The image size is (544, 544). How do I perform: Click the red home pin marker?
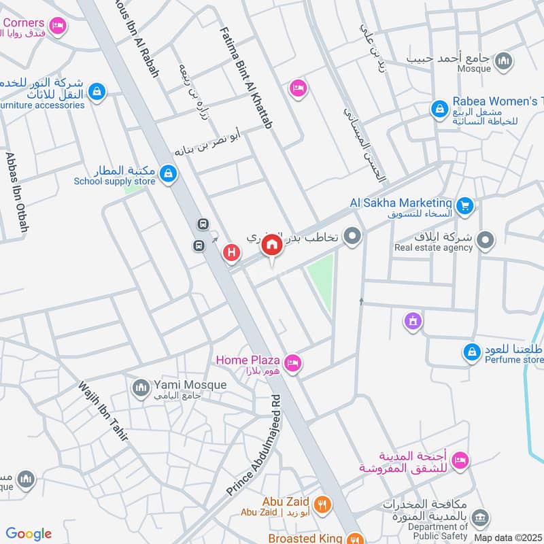[273, 245]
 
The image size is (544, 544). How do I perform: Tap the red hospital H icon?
[232, 253]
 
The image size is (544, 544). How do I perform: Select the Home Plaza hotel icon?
[292, 362]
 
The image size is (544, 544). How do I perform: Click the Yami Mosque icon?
[141, 387]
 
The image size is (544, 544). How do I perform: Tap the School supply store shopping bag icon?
[169, 175]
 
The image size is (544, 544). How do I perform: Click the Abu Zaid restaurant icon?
[323, 505]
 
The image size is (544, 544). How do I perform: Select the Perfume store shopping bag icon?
[471, 352]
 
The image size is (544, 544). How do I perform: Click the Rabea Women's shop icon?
[440, 108]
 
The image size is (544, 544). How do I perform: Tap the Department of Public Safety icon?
[481, 518]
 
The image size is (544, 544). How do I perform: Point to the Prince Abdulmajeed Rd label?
[254, 445]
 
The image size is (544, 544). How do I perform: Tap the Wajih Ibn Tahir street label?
[103, 412]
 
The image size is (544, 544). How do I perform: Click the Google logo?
[29, 534]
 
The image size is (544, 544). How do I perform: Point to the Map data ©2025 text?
[507, 537]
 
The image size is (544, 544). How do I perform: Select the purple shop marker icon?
[412, 320]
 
